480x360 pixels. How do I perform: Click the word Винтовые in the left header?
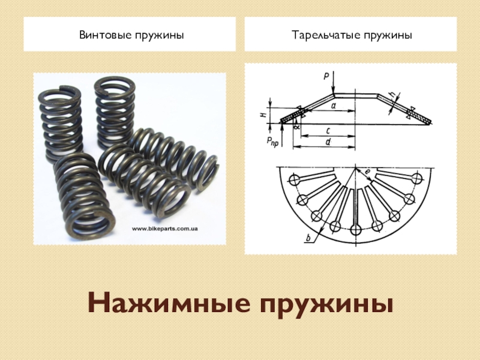click(x=101, y=35)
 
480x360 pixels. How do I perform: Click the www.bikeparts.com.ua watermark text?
click(x=164, y=229)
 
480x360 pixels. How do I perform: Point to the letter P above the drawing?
click(x=326, y=76)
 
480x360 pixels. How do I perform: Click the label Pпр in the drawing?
click(x=272, y=142)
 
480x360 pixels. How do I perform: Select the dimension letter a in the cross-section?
click(x=334, y=106)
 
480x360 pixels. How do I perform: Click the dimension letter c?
click(x=328, y=131)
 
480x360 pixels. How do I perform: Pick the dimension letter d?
click(x=328, y=142)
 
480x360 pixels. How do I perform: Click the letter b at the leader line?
click(x=308, y=237)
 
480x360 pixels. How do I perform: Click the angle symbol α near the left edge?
click(x=296, y=127)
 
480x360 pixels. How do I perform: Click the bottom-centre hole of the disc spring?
click(x=355, y=229)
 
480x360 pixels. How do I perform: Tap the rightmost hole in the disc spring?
click(x=417, y=178)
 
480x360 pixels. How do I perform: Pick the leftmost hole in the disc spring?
click(x=295, y=179)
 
